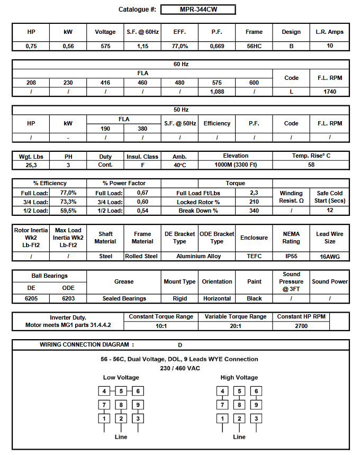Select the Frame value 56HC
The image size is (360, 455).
[254, 46]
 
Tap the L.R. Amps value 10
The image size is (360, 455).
[330, 46]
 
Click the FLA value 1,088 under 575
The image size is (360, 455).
[217, 92]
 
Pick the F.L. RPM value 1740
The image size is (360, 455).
[330, 92]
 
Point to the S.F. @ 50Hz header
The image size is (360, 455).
[179, 123]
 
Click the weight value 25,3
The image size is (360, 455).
[31, 165]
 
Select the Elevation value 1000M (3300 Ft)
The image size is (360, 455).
[236, 165]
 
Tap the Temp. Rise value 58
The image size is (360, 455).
[311, 165]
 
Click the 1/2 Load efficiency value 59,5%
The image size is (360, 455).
[68, 211]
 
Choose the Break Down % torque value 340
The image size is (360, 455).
[254, 211]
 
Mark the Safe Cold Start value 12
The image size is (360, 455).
[330, 211]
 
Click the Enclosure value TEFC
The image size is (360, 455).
[254, 256]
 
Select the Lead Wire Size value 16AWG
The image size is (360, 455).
[330, 256]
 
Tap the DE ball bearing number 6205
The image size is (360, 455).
[31, 298]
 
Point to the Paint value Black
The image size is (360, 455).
[254, 298]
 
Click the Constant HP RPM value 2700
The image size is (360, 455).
[301, 326]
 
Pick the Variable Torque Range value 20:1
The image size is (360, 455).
[236, 326]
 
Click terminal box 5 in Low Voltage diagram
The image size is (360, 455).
[121, 392]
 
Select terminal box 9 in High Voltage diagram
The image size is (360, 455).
[256, 405]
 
